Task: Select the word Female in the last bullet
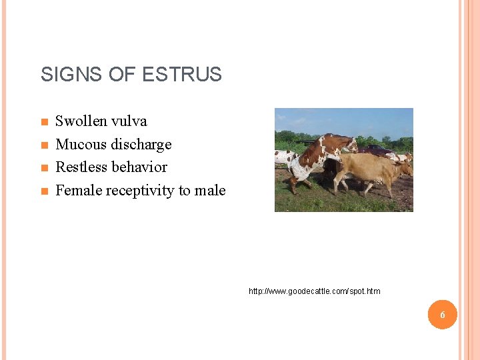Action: [79, 191]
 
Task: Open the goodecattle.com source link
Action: [314, 291]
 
